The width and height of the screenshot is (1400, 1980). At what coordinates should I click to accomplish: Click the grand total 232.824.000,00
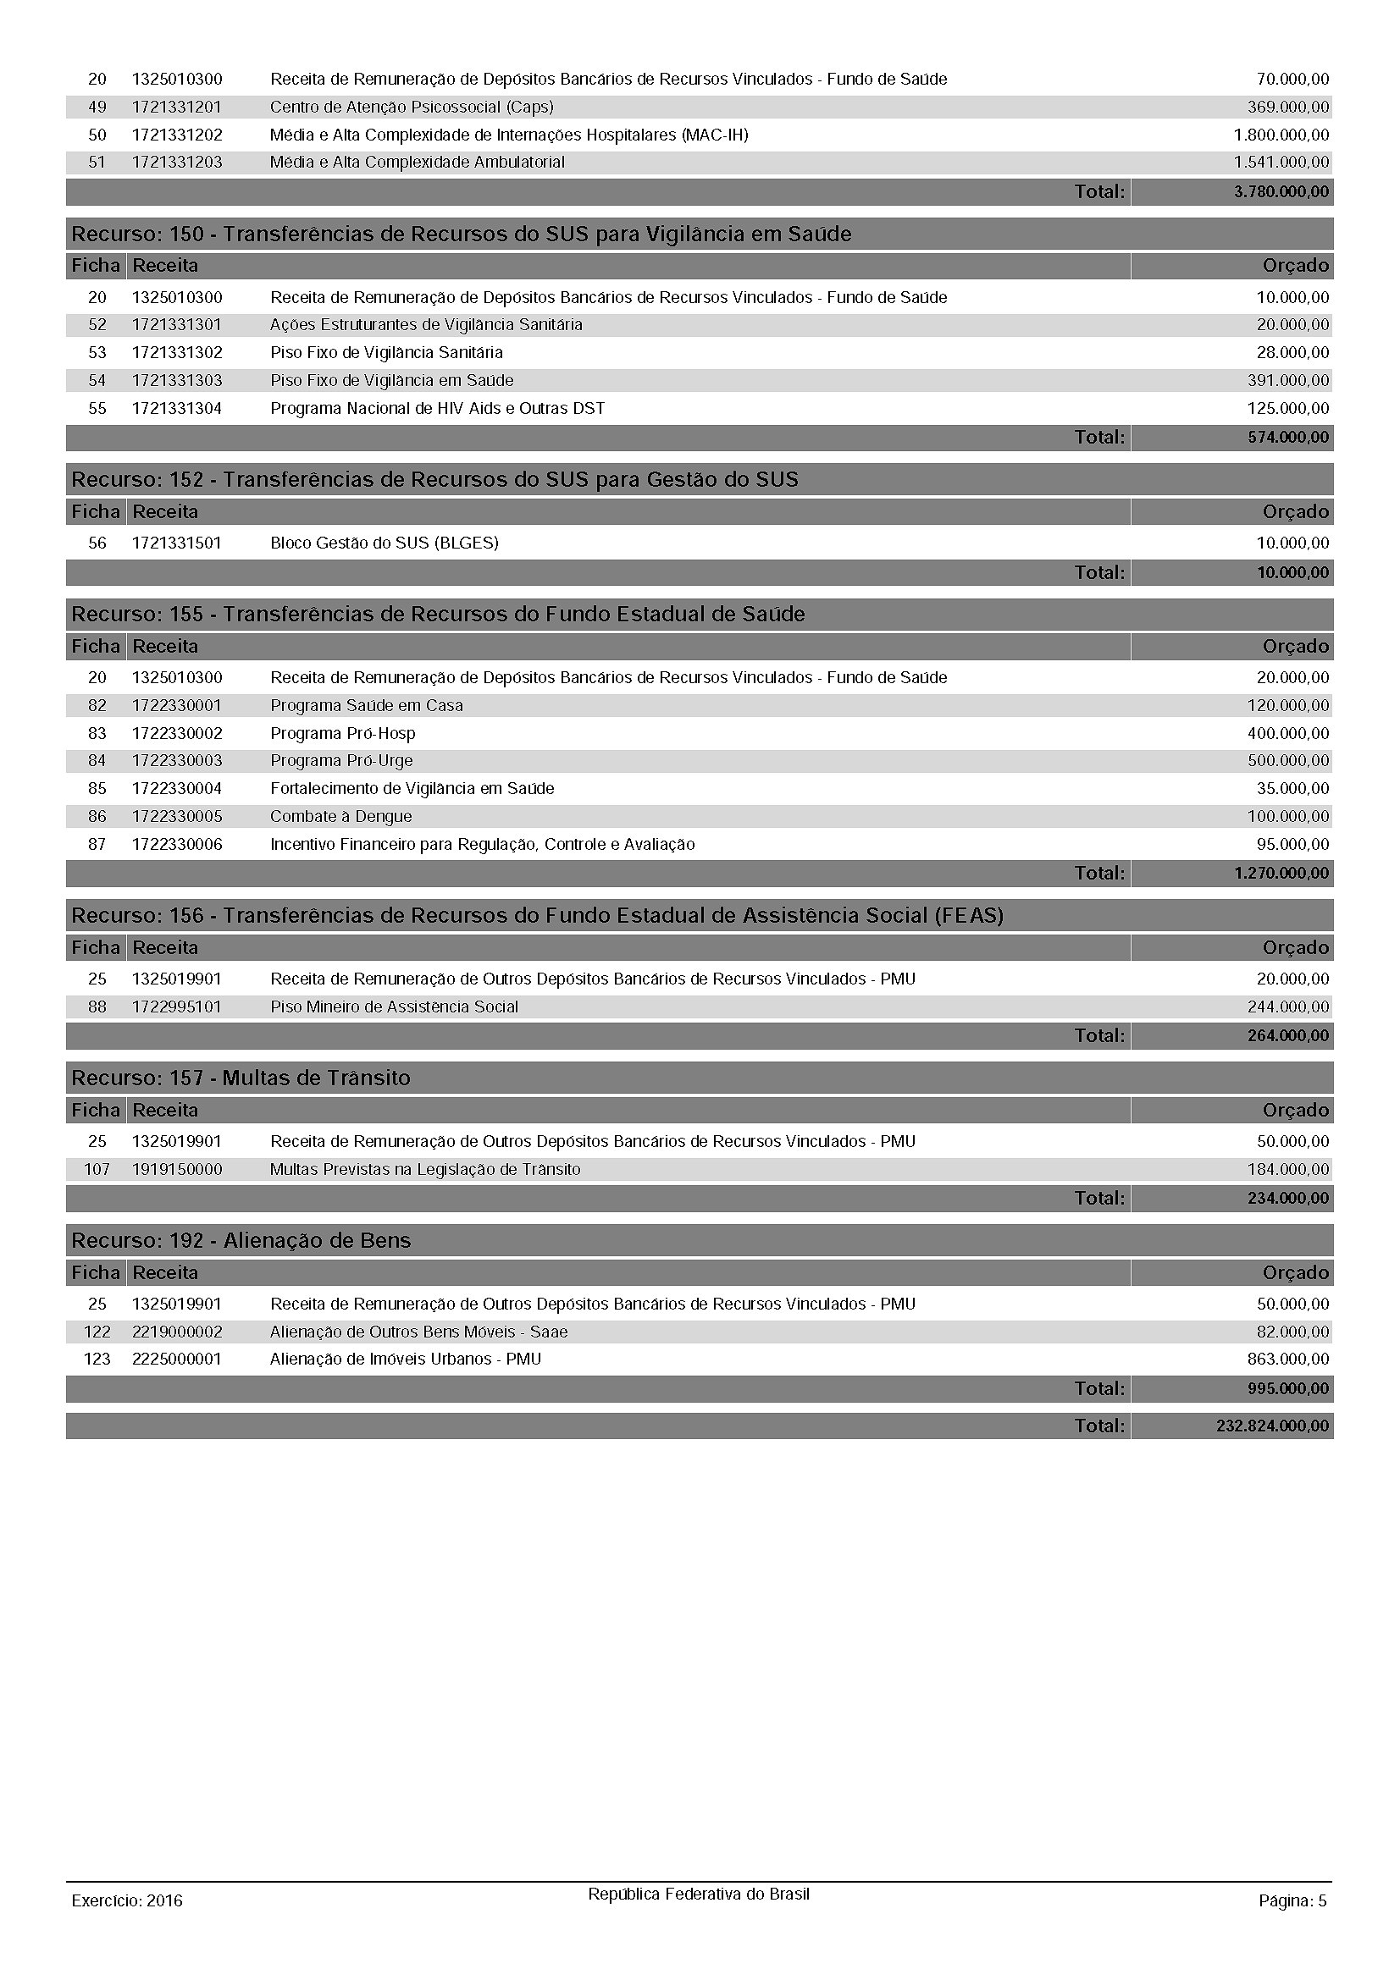point(1272,1426)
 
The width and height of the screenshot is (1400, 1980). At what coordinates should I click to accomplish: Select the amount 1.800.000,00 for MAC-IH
point(1281,135)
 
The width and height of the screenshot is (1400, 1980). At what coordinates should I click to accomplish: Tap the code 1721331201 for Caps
point(177,107)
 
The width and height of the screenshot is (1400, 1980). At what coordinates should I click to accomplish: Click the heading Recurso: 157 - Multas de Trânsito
point(241,1078)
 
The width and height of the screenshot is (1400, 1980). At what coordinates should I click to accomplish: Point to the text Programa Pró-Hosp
point(342,733)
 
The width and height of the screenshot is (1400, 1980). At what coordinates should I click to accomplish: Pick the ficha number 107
point(97,1169)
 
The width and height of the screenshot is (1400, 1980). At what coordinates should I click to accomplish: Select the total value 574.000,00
point(1288,437)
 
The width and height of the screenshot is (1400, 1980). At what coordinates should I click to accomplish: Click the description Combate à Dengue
point(340,816)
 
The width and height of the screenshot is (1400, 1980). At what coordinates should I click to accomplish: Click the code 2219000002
point(177,1332)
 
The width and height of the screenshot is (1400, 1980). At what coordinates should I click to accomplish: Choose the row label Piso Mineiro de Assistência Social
point(394,1007)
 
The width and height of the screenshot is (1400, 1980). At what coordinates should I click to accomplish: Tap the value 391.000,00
point(1288,380)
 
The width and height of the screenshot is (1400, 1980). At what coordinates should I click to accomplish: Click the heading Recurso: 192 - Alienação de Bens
point(241,1240)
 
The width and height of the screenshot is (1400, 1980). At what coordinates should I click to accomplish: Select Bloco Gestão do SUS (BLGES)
point(384,543)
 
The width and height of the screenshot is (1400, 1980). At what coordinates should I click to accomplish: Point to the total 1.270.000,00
point(1281,873)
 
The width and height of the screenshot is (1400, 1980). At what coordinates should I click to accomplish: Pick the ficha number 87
point(97,844)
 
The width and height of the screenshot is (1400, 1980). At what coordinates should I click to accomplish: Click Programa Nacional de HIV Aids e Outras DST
point(437,408)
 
